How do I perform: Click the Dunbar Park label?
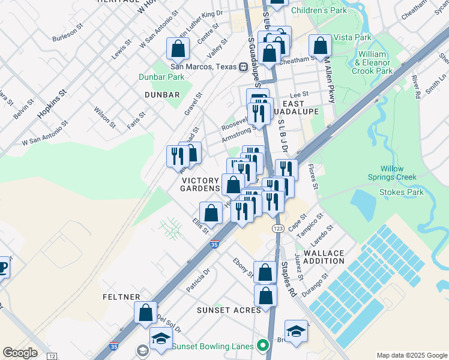tap(161, 77)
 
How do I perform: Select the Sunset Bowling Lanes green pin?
tap(262, 346)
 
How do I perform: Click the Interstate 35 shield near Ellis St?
tap(215, 244)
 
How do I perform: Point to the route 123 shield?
tap(277, 229)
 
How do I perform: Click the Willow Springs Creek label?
tap(398, 173)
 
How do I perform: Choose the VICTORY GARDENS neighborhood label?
tap(201, 184)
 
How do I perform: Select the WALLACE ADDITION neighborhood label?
tap(324, 257)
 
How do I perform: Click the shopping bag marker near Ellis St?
tap(211, 212)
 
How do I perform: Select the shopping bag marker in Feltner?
tap(146, 312)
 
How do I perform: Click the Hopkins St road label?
tap(50, 104)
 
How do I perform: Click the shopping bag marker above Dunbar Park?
tap(178, 48)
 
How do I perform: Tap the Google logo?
tap(20, 353)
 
